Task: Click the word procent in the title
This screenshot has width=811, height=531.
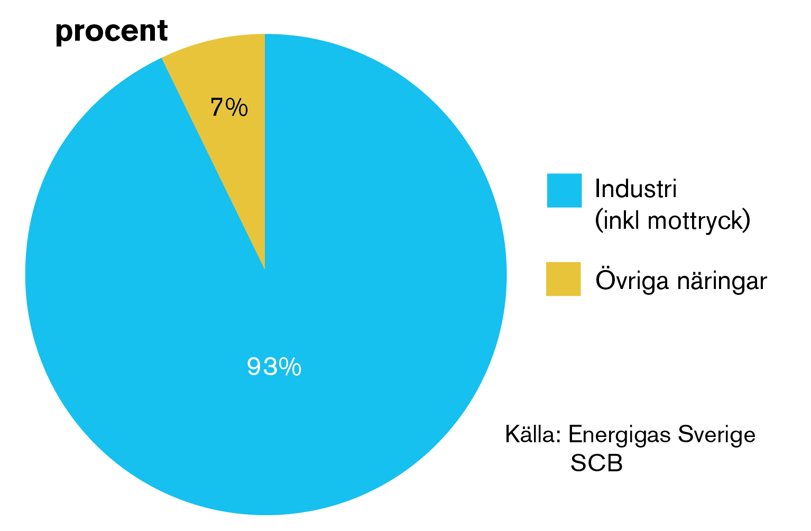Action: [x=112, y=31]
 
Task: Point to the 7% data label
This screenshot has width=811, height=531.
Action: [x=229, y=108]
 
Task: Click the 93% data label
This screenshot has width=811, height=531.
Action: [x=274, y=367]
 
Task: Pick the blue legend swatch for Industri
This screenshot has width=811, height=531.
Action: [x=564, y=190]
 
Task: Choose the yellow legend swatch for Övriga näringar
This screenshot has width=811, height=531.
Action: [x=563, y=279]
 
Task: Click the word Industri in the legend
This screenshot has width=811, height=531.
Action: [x=635, y=189]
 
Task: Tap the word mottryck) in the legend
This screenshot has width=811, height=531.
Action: [x=699, y=220]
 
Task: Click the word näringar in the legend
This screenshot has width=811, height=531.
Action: [x=722, y=280]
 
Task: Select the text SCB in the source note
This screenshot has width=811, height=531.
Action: [x=596, y=463]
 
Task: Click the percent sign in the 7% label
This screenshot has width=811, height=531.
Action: [x=236, y=108]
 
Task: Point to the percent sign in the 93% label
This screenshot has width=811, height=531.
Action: [x=290, y=367]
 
